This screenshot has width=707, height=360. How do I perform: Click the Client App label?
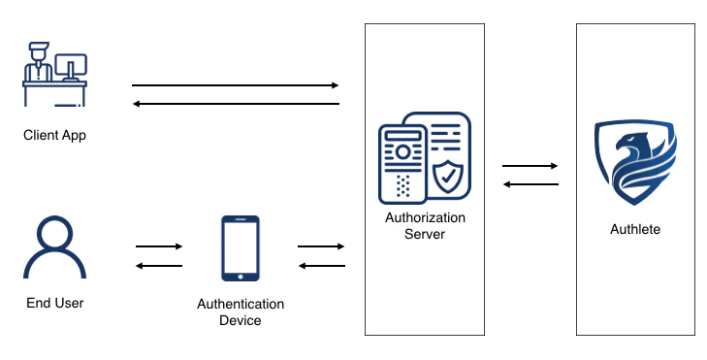(54, 135)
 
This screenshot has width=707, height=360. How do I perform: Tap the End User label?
(54, 303)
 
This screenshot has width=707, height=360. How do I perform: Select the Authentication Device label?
(241, 311)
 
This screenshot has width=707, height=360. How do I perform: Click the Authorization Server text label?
(425, 225)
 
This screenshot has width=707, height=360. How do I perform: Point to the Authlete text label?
(635, 229)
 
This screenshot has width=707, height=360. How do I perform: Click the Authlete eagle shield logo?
(635, 163)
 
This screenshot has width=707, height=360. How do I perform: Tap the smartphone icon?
(241, 248)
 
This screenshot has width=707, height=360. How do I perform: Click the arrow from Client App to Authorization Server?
(236, 85)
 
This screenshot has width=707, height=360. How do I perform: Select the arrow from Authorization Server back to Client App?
(236, 103)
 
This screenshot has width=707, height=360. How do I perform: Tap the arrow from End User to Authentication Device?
(159, 246)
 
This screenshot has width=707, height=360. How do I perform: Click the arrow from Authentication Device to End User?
(159, 265)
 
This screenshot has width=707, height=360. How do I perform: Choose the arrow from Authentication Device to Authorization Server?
(321, 246)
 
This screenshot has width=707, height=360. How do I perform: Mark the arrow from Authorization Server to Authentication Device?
(321, 265)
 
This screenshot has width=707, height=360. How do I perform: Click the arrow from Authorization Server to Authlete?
(530, 166)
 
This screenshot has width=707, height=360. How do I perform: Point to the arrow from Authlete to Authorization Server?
(530, 183)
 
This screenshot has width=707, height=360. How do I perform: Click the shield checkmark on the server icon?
(447, 177)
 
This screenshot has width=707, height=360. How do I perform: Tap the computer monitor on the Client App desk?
(71, 66)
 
